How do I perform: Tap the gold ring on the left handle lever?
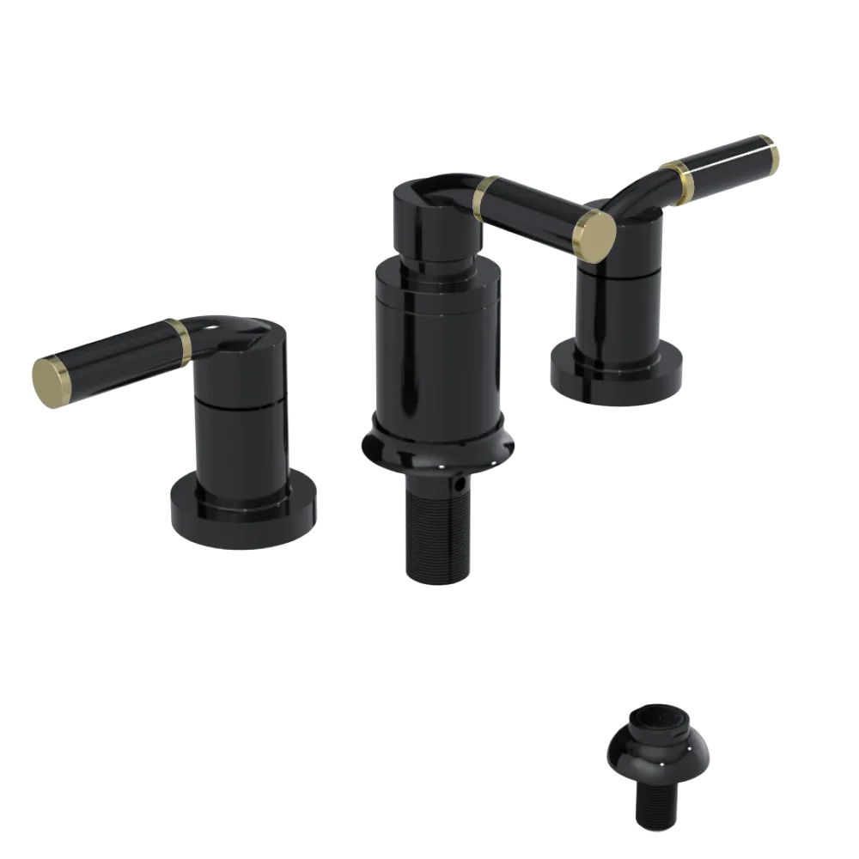tap(180, 338)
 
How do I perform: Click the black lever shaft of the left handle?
tap(112, 356)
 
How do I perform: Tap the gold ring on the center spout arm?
tap(486, 198)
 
